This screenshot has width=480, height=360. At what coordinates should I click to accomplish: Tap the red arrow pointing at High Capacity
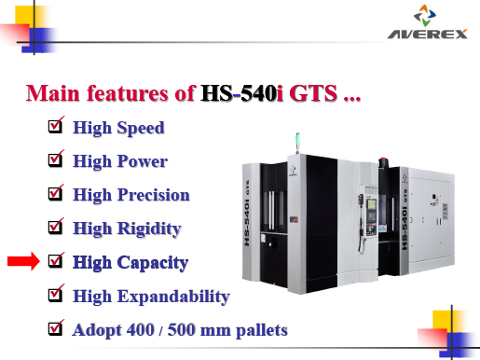tap(24, 263)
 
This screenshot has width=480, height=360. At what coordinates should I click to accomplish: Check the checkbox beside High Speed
tap(55, 126)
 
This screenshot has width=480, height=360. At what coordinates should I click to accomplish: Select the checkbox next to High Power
tap(55, 160)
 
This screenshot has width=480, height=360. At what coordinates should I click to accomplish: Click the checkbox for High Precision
tap(55, 194)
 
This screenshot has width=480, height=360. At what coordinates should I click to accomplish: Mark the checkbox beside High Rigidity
tap(55, 227)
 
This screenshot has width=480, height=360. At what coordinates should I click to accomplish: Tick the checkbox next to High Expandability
tap(55, 296)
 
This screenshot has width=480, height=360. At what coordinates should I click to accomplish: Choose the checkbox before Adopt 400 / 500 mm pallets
tap(55, 328)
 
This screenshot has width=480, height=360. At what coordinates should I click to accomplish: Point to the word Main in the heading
tap(51, 94)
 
